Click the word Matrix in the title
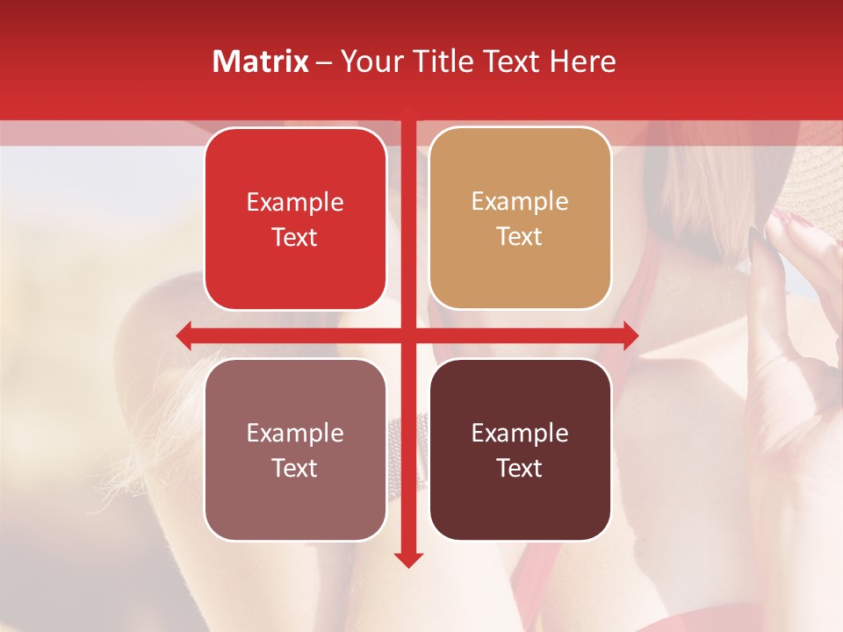pyautogui.click(x=261, y=61)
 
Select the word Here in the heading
pyautogui.click(x=582, y=61)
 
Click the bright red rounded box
pyautogui.click(x=295, y=219)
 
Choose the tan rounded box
pyautogui.click(x=520, y=219)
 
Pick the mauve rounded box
pyautogui.click(x=295, y=449)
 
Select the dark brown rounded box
pyautogui.click(x=520, y=449)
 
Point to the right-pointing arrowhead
pyautogui.click(x=630, y=335)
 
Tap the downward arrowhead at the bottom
pyautogui.click(x=408, y=559)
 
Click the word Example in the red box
pyautogui.click(x=295, y=203)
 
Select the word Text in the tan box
pyautogui.click(x=520, y=237)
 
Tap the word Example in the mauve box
pyautogui.click(x=295, y=433)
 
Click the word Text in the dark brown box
pyautogui.click(x=520, y=468)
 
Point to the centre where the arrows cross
pyautogui.click(x=408, y=335)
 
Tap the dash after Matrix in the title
pyautogui.click(x=324, y=62)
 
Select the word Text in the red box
pyautogui.click(x=295, y=238)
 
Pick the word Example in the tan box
pyautogui.click(x=520, y=202)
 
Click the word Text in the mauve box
pyautogui.click(x=295, y=468)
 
